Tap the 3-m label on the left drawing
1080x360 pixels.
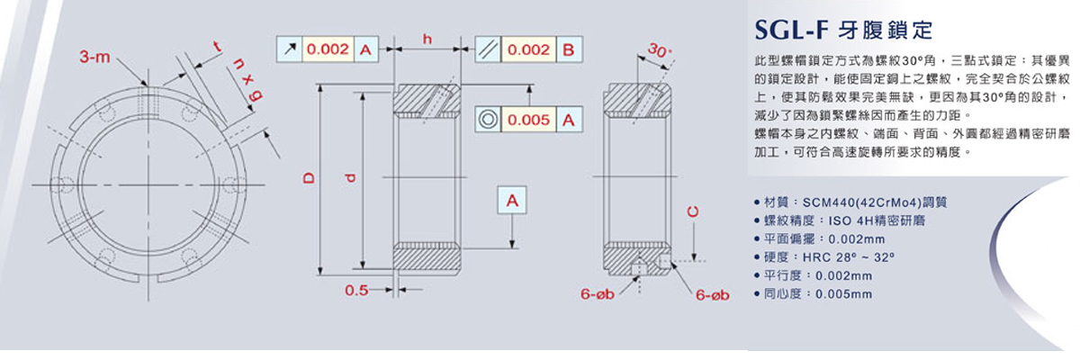(94, 58)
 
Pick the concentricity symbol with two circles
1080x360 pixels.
(487, 118)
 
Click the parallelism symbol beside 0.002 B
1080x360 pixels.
(487, 50)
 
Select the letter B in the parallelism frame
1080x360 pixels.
(567, 50)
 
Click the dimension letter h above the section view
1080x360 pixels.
(427, 39)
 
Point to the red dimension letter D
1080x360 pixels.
(309, 178)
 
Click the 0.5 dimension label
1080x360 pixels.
(356, 290)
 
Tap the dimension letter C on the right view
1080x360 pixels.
(692, 212)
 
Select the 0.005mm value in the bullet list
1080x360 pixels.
(843, 293)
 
